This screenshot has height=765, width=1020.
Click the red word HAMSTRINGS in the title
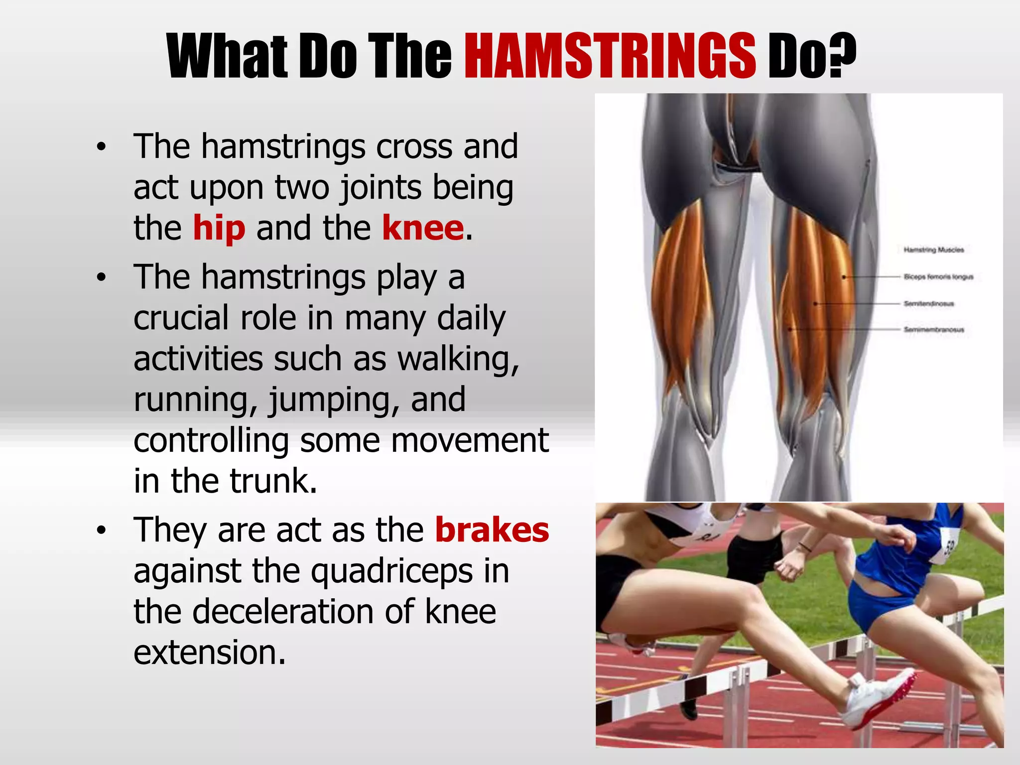(x=610, y=56)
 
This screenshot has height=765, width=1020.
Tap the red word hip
(x=219, y=228)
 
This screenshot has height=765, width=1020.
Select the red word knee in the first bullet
(x=423, y=228)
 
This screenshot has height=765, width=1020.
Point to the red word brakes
(x=492, y=530)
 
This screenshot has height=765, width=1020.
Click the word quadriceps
(x=392, y=572)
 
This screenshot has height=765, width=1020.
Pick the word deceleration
(x=282, y=612)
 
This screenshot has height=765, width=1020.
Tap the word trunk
(x=273, y=481)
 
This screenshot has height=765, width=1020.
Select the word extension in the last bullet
(x=209, y=652)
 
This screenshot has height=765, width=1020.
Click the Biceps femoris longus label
(x=938, y=277)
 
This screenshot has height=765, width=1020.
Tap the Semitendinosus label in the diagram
(x=929, y=303)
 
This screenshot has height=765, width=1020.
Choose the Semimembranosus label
(x=934, y=330)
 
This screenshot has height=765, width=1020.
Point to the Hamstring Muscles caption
(x=934, y=250)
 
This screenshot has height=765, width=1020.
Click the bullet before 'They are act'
(x=102, y=531)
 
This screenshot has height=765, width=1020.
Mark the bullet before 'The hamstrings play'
(x=102, y=278)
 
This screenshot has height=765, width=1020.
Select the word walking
(x=458, y=359)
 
